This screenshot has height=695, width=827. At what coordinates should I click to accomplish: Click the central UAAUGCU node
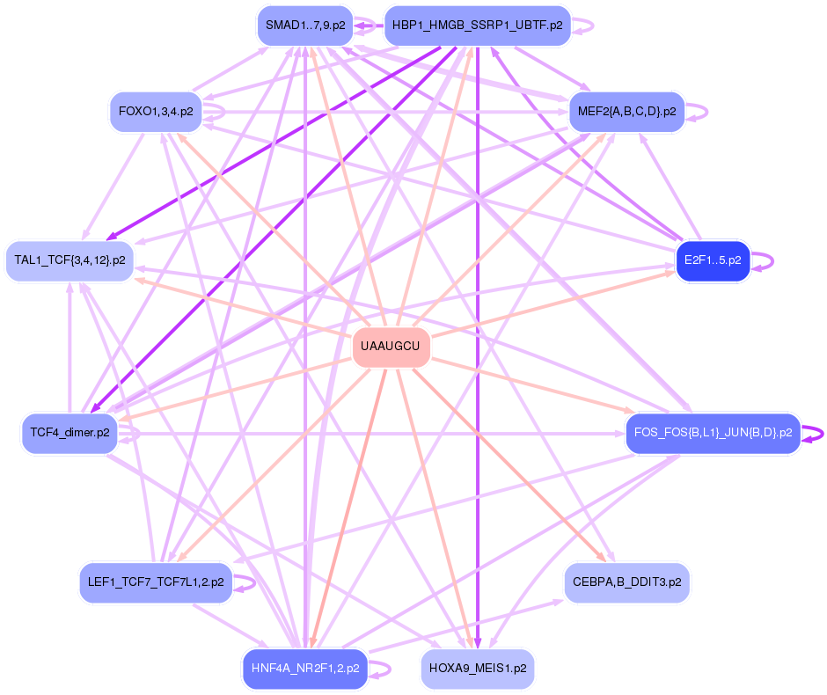391,347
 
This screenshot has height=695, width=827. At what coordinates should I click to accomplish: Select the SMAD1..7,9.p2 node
305,26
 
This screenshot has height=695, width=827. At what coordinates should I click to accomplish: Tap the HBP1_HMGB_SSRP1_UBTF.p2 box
478,26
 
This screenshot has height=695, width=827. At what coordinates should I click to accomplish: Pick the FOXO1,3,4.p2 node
156,112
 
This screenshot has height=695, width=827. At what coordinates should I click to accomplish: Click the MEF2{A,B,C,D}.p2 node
626,112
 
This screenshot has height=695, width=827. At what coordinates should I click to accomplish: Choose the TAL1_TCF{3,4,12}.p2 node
70,260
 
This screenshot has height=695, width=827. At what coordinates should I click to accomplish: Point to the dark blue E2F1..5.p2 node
713,260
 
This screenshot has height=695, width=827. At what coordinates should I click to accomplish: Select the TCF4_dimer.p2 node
70,433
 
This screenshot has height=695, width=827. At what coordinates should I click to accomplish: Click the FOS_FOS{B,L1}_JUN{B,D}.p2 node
713,433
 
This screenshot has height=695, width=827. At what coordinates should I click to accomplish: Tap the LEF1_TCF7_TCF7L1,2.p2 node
156,582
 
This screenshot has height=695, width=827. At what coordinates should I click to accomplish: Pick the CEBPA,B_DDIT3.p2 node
626,582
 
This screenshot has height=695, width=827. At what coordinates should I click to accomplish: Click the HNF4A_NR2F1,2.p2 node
305,669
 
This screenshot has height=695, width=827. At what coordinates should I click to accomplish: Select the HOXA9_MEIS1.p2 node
478,669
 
